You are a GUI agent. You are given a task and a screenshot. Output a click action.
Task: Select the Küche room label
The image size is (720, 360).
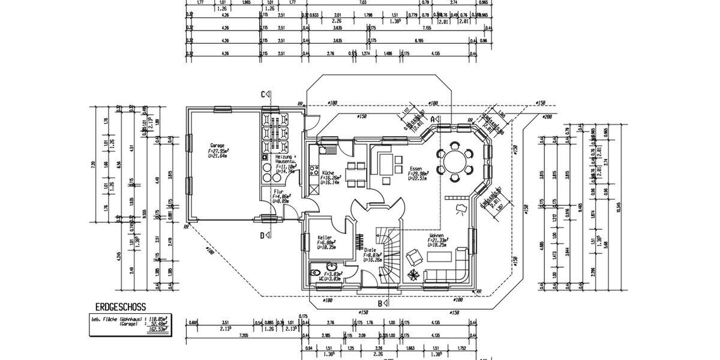(328, 172)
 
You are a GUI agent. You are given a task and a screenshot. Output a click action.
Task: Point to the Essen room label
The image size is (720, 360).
(416, 168)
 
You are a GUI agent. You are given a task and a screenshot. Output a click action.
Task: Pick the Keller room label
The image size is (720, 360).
(325, 238)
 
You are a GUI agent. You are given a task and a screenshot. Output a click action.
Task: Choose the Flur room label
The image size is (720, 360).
(278, 191)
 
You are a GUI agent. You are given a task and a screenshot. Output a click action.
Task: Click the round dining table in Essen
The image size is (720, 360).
(454, 159)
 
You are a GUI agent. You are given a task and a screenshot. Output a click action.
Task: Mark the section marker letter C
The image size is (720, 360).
(263, 94)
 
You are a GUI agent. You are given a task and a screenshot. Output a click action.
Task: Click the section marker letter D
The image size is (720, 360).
(262, 235)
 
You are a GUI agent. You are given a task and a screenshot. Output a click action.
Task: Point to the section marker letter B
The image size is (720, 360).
(380, 303)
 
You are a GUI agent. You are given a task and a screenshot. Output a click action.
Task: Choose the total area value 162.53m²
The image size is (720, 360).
(157, 329)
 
